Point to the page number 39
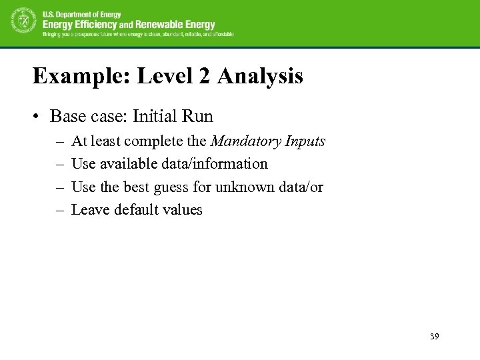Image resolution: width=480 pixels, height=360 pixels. coord(434,336)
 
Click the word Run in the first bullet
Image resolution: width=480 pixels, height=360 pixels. coord(199,117)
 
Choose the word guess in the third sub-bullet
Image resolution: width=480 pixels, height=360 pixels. coord(176,187)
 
